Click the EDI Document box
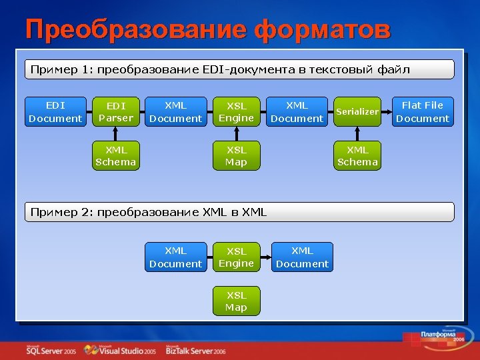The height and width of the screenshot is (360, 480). click(x=55, y=112)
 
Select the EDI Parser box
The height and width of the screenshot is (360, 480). click(x=115, y=112)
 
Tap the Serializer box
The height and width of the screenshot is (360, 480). click(x=357, y=112)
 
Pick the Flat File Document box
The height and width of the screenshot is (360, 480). click(x=423, y=112)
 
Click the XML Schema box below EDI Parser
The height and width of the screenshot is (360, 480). click(x=115, y=156)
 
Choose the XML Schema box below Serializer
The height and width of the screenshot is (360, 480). click(x=357, y=156)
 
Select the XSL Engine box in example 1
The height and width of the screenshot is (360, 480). click(x=236, y=112)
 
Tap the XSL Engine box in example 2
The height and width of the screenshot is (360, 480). click(x=236, y=257)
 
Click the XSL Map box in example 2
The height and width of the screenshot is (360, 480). click(x=236, y=301)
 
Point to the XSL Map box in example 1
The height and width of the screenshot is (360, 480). click(x=236, y=156)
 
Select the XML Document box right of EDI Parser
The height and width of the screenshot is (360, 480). click(x=175, y=112)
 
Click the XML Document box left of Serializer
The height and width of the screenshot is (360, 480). click(x=297, y=112)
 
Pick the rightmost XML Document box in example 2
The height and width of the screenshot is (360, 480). click(x=302, y=257)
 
